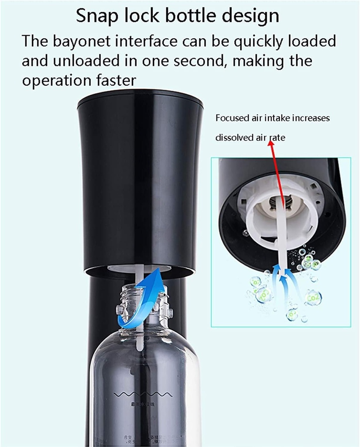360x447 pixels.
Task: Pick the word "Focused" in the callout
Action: point(232,118)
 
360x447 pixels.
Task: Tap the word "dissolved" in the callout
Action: point(234,138)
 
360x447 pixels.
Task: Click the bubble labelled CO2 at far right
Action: point(313,297)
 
